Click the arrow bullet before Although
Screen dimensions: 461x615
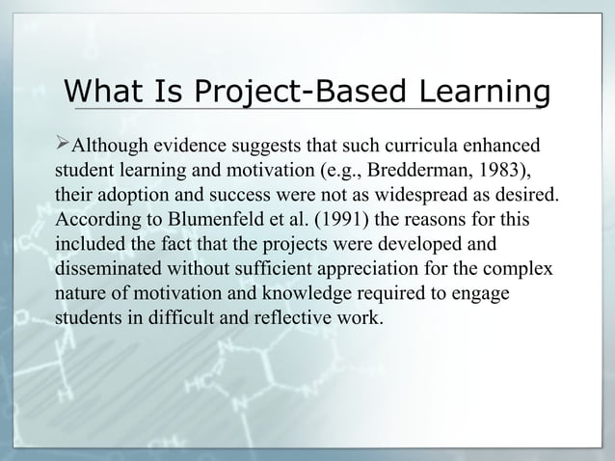tap(66, 146)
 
